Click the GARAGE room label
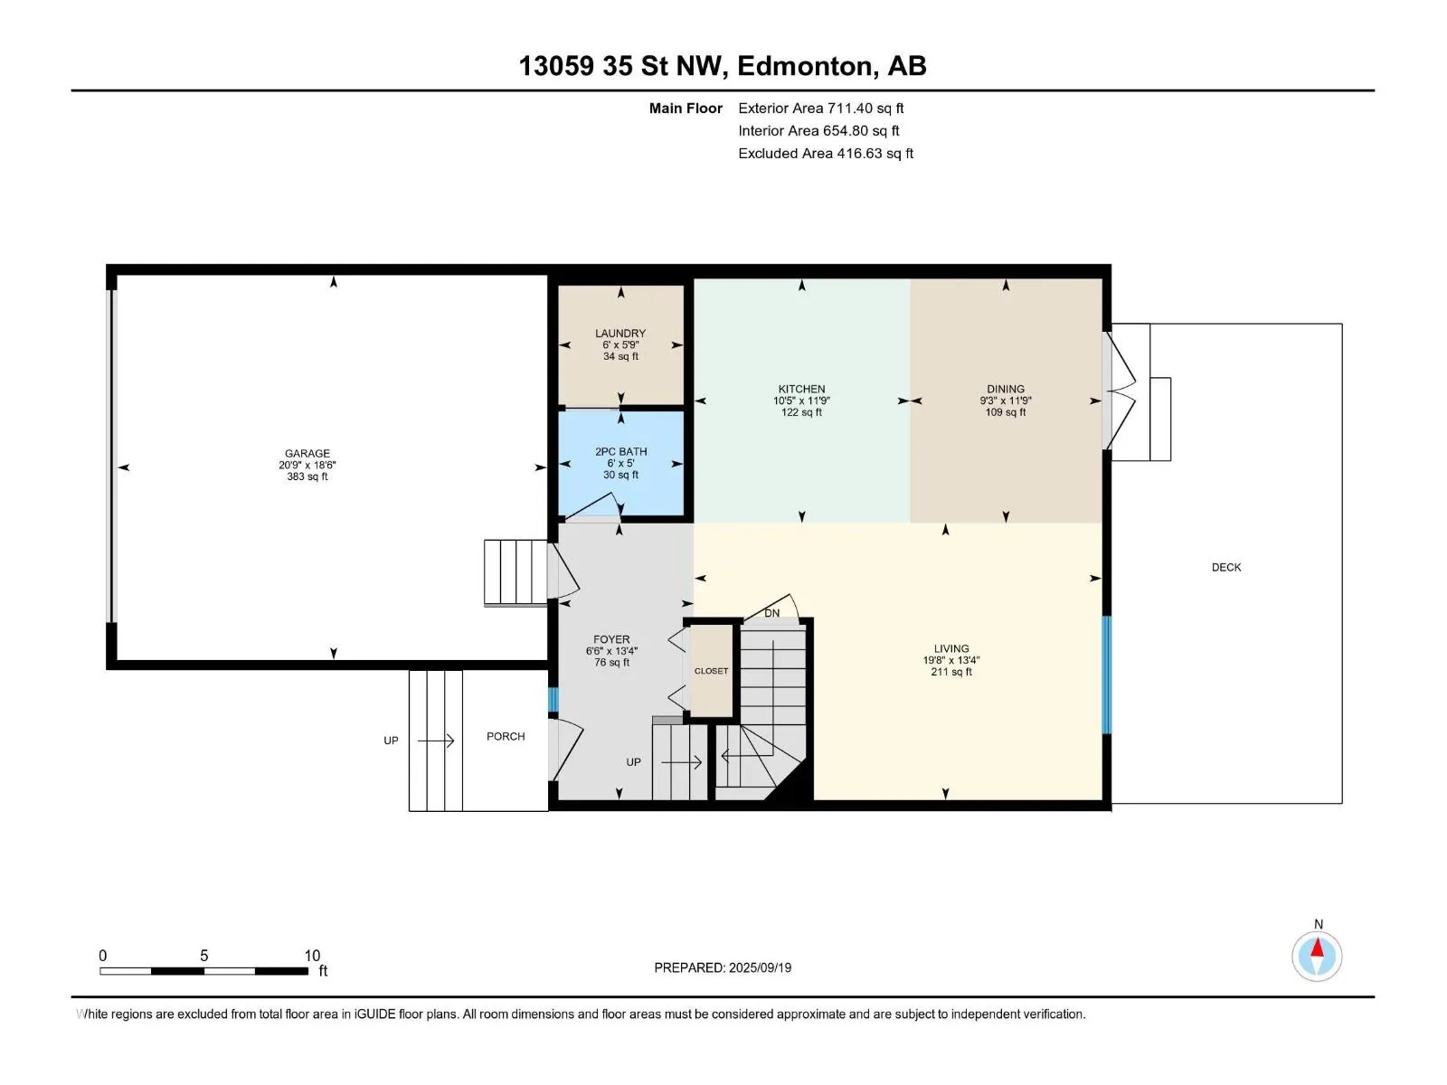coord(307,453)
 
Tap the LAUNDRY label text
coord(620,334)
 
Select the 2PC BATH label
coord(621,451)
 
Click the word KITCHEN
coord(801,389)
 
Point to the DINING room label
coord(1006,389)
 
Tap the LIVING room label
coord(951,648)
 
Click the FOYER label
coord(611,639)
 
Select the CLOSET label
coord(712,671)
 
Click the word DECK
coord(1226,567)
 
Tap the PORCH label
coord(506,737)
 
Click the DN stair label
coord(772,613)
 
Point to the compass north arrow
coord(1317,948)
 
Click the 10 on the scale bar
coord(312,955)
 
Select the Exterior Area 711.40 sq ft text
coord(821,108)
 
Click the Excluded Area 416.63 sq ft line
coord(826,153)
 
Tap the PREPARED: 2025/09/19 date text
coord(723,967)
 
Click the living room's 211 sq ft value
coord(951,672)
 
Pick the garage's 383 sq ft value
coord(307,476)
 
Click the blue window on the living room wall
coord(1107,675)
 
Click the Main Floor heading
coord(686,108)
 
